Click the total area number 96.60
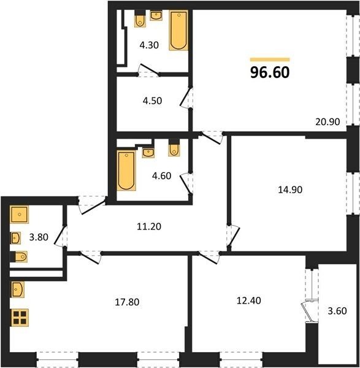point(270,72)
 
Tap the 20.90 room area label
point(327,122)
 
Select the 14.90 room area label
point(290,190)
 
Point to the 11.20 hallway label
point(149,226)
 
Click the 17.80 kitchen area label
point(127,302)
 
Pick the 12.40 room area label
point(249,301)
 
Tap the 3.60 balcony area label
point(337,311)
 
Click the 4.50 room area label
point(152,101)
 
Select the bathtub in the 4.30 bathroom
point(178,30)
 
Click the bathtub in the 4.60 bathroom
point(126,170)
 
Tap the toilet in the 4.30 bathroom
point(140,20)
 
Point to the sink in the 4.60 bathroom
point(148,153)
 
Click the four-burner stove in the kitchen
point(20,318)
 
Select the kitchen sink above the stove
point(18,289)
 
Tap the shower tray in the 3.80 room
point(19,214)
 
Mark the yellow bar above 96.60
point(270,59)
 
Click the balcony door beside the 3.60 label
point(310,311)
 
